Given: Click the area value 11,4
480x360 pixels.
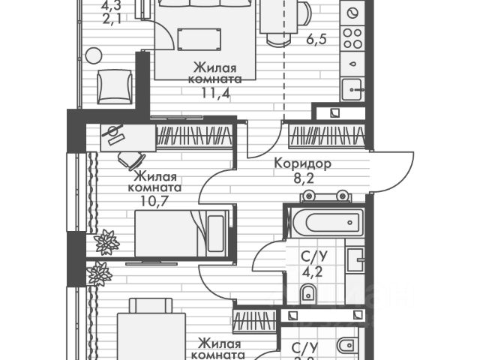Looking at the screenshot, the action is point(216,93).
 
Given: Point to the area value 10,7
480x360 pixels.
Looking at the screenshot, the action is point(160,202).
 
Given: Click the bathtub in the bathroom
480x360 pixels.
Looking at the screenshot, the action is point(325,222).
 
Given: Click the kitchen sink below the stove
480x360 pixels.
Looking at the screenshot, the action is point(352,89).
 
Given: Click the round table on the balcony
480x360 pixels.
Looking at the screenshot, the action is point(94,55).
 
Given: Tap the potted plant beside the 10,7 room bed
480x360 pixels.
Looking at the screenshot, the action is point(106,242).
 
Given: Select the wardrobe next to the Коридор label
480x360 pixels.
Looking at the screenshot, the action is point(328,136).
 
